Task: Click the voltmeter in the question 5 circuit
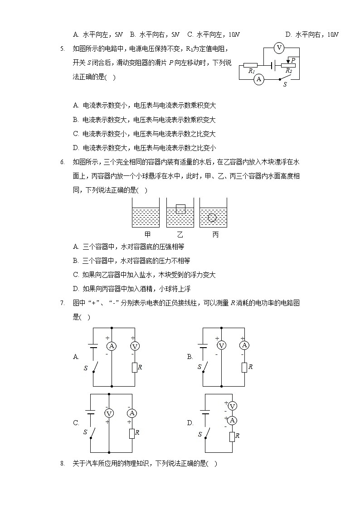pyautogui.click(x=279, y=48)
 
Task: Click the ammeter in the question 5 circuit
pyautogui.click(x=259, y=79)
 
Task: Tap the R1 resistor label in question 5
pyautogui.click(x=251, y=71)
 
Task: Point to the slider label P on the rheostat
pyautogui.click(x=293, y=60)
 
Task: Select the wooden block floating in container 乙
pyautogui.click(x=180, y=209)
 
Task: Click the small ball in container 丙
pyautogui.click(x=212, y=218)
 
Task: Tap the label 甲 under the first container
pyautogui.click(x=147, y=235)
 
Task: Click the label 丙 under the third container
pyautogui.click(x=215, y=235)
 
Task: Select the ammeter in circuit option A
pyautogui.click(x=112, y=346)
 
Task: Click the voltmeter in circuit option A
pyautogui.click(x=135, y=346)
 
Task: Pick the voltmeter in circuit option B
pyautogui.click(x=221, y=345)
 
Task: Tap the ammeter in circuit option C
pyautogui.click(x=132, y=413)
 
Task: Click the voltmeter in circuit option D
pyautogui.click(x=232, y=406)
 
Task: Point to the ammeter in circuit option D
pyautogui.click(x=232, y=421)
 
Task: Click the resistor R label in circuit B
pyautogui.click(x=250, y=367)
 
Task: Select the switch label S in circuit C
pyautogui.click(x=85, y=432)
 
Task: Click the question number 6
pyautogui.click(x=62, y=162)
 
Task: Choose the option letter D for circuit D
pyautogui.click(x=190, y=423)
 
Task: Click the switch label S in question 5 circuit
pyautogui.click(x=285, y=84)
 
